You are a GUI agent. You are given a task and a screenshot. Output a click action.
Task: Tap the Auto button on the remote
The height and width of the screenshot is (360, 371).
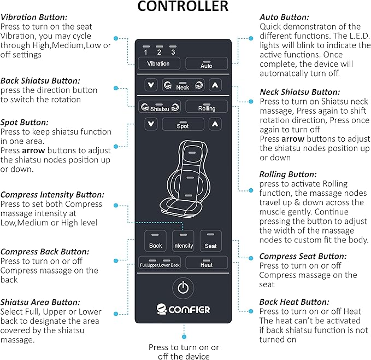206,63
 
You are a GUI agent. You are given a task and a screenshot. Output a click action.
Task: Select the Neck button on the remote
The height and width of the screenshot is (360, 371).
183,85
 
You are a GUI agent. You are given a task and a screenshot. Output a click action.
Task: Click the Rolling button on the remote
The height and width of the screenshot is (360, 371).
207,107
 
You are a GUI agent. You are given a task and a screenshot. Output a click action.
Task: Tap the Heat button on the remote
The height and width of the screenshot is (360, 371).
207,263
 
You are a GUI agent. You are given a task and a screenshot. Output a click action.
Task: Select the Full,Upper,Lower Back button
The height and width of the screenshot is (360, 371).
159,264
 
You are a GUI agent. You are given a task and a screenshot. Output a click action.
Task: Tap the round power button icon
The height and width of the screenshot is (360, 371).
184,287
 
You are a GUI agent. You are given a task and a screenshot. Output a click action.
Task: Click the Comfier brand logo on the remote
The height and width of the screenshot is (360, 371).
183,309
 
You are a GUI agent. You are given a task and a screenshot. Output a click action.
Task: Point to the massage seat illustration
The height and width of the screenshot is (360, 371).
183,178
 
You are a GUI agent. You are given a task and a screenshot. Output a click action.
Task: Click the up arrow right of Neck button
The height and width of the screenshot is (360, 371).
216,85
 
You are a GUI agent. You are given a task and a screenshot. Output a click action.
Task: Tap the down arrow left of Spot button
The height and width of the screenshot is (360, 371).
150,125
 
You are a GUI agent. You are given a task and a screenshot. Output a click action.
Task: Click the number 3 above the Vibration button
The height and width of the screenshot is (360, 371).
173,53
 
